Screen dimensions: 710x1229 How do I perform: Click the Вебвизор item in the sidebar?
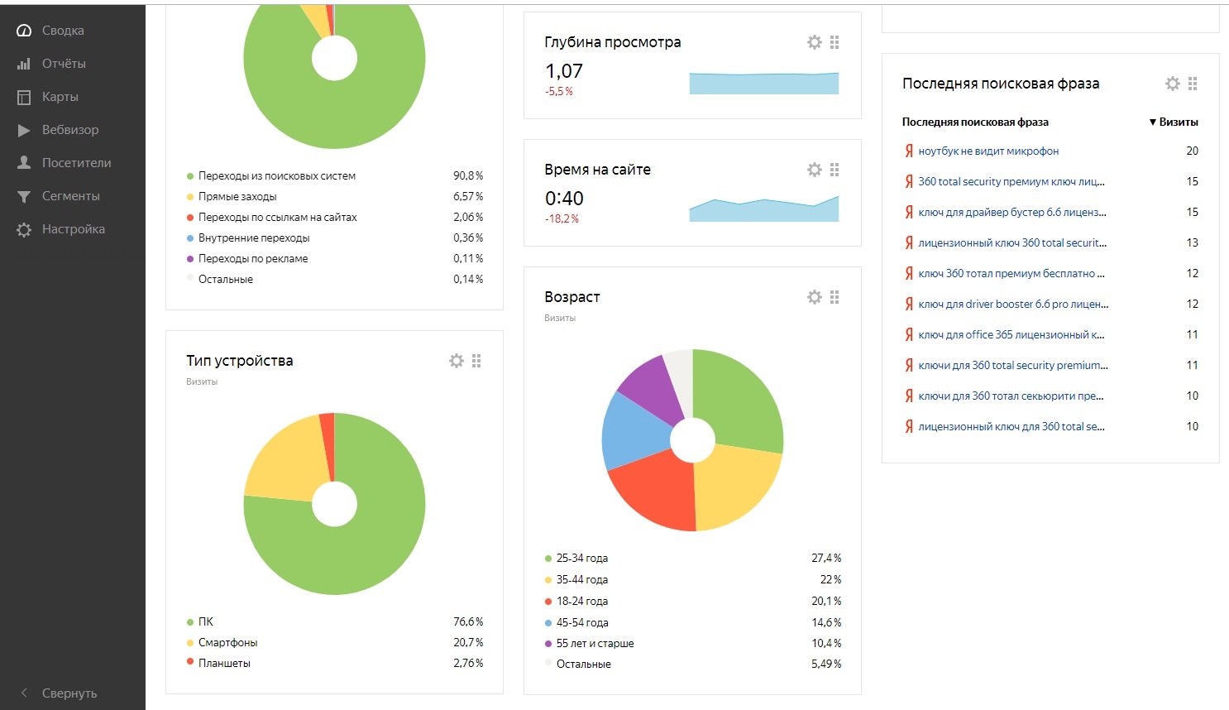(x=69, y=130)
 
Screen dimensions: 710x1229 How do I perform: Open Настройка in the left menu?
(x=73, y=229)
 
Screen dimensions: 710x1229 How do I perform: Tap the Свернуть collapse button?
(x=69, y=693)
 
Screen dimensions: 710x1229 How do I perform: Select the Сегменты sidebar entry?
(x=70, y=196)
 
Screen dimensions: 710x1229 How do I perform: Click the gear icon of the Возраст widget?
(x=815, y=297)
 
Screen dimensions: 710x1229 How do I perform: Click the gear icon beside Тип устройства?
(x=457, y=361)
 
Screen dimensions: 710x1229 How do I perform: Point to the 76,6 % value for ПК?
(x=468, y=621)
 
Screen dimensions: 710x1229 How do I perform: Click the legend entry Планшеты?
(x=224, y=663)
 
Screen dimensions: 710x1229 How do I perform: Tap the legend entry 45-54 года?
(x=582, y=622)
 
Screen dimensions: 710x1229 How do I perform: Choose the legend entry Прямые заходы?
(x=237, y=196)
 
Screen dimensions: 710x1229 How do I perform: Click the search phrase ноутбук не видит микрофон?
(x=988, y=151)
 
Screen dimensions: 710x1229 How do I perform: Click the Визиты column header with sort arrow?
(x=1174, y=122)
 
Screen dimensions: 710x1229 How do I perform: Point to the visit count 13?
(x=1192, y=242)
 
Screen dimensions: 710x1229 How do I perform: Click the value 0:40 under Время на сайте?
(x=564, y=199)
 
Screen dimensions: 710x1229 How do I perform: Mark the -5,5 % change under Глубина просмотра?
(x=559, y=92)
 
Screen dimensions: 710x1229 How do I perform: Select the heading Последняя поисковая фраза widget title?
(x=1001, y=84)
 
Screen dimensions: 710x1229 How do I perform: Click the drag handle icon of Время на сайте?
(x=834, y=170)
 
